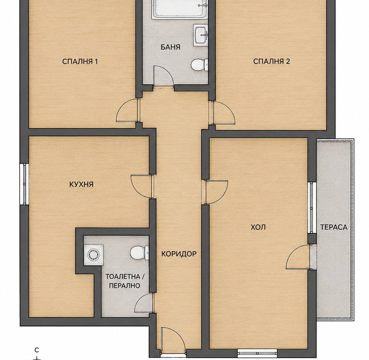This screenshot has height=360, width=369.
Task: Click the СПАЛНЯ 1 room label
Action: (80, 61)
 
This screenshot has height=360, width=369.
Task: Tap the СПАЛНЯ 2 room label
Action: (272, 61)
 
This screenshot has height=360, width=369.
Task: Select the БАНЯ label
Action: (170, 47)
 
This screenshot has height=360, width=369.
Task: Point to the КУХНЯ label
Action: (81, 184)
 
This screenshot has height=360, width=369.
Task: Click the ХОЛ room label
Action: (258, 227)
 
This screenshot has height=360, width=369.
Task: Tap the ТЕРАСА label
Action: (334, 227)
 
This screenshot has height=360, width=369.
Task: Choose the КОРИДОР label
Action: (179, 254)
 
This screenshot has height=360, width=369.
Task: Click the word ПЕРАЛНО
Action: (125, 286)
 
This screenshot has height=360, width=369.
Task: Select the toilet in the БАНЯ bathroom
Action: (199, 65)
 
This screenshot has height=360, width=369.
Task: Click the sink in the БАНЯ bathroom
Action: (201, 35)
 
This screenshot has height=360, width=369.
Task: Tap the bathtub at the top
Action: (180, 9)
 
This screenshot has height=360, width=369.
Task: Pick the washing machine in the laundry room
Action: (93, 255)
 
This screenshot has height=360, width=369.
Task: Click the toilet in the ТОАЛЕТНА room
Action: (139, 253)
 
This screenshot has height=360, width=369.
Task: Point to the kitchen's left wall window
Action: (24, 184)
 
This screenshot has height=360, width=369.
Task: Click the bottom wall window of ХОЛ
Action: (257, 352)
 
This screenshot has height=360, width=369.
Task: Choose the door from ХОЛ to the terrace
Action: (298, 257)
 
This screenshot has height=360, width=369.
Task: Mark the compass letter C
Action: (36, 350)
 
